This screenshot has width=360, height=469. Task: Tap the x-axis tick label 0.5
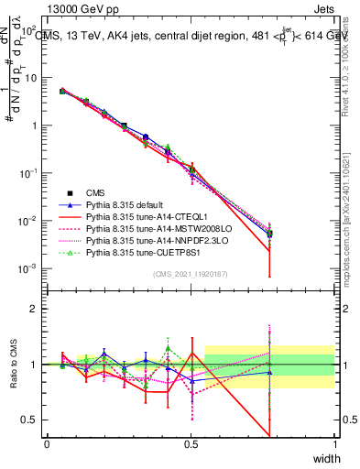point(191,444)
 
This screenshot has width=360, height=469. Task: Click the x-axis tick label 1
point(334,444)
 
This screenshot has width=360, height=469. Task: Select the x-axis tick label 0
point(47,444)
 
